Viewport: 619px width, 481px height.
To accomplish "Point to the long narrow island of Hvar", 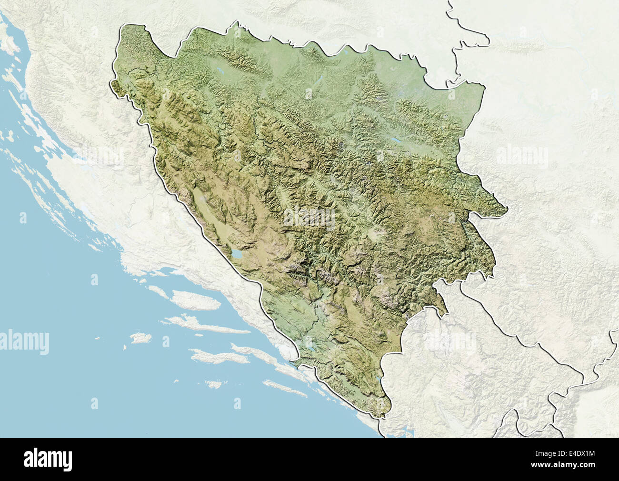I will [x=210, y=325].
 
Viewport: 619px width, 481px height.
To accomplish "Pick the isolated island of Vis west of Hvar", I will [x=140, y=338].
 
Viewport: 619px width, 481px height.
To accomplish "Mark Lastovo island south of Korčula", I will [x=214, y=384].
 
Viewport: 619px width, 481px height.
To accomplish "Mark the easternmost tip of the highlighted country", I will [x=507, y=208].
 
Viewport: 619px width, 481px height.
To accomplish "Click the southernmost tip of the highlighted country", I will [x=381, y=417].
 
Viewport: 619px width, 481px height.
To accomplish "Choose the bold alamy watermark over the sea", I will [x=25, y=341].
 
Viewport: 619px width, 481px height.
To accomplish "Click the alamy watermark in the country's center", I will [x=309, y=217].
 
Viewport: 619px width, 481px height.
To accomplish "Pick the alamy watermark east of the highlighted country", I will [x=522, y=157].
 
